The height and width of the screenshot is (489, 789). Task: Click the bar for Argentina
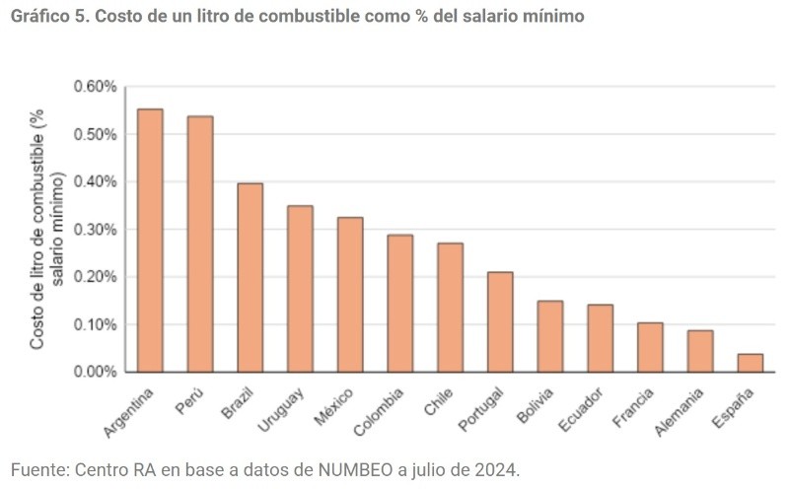tap(150, 241)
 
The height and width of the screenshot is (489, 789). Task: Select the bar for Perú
tap(200, 244)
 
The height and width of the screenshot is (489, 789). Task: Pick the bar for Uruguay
tap(300, 289)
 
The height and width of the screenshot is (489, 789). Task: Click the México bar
tap(350, 295)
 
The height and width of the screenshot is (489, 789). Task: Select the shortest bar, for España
tap(751, 363)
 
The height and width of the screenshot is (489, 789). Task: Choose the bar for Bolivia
tap(550, 336)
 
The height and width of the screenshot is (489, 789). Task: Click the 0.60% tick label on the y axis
tap(95, 87)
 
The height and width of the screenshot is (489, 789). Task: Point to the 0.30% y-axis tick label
tap(95, 230)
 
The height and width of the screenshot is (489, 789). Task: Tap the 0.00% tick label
tap(95, 372)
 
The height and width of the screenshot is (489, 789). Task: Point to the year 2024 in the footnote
tap(498, 468)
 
